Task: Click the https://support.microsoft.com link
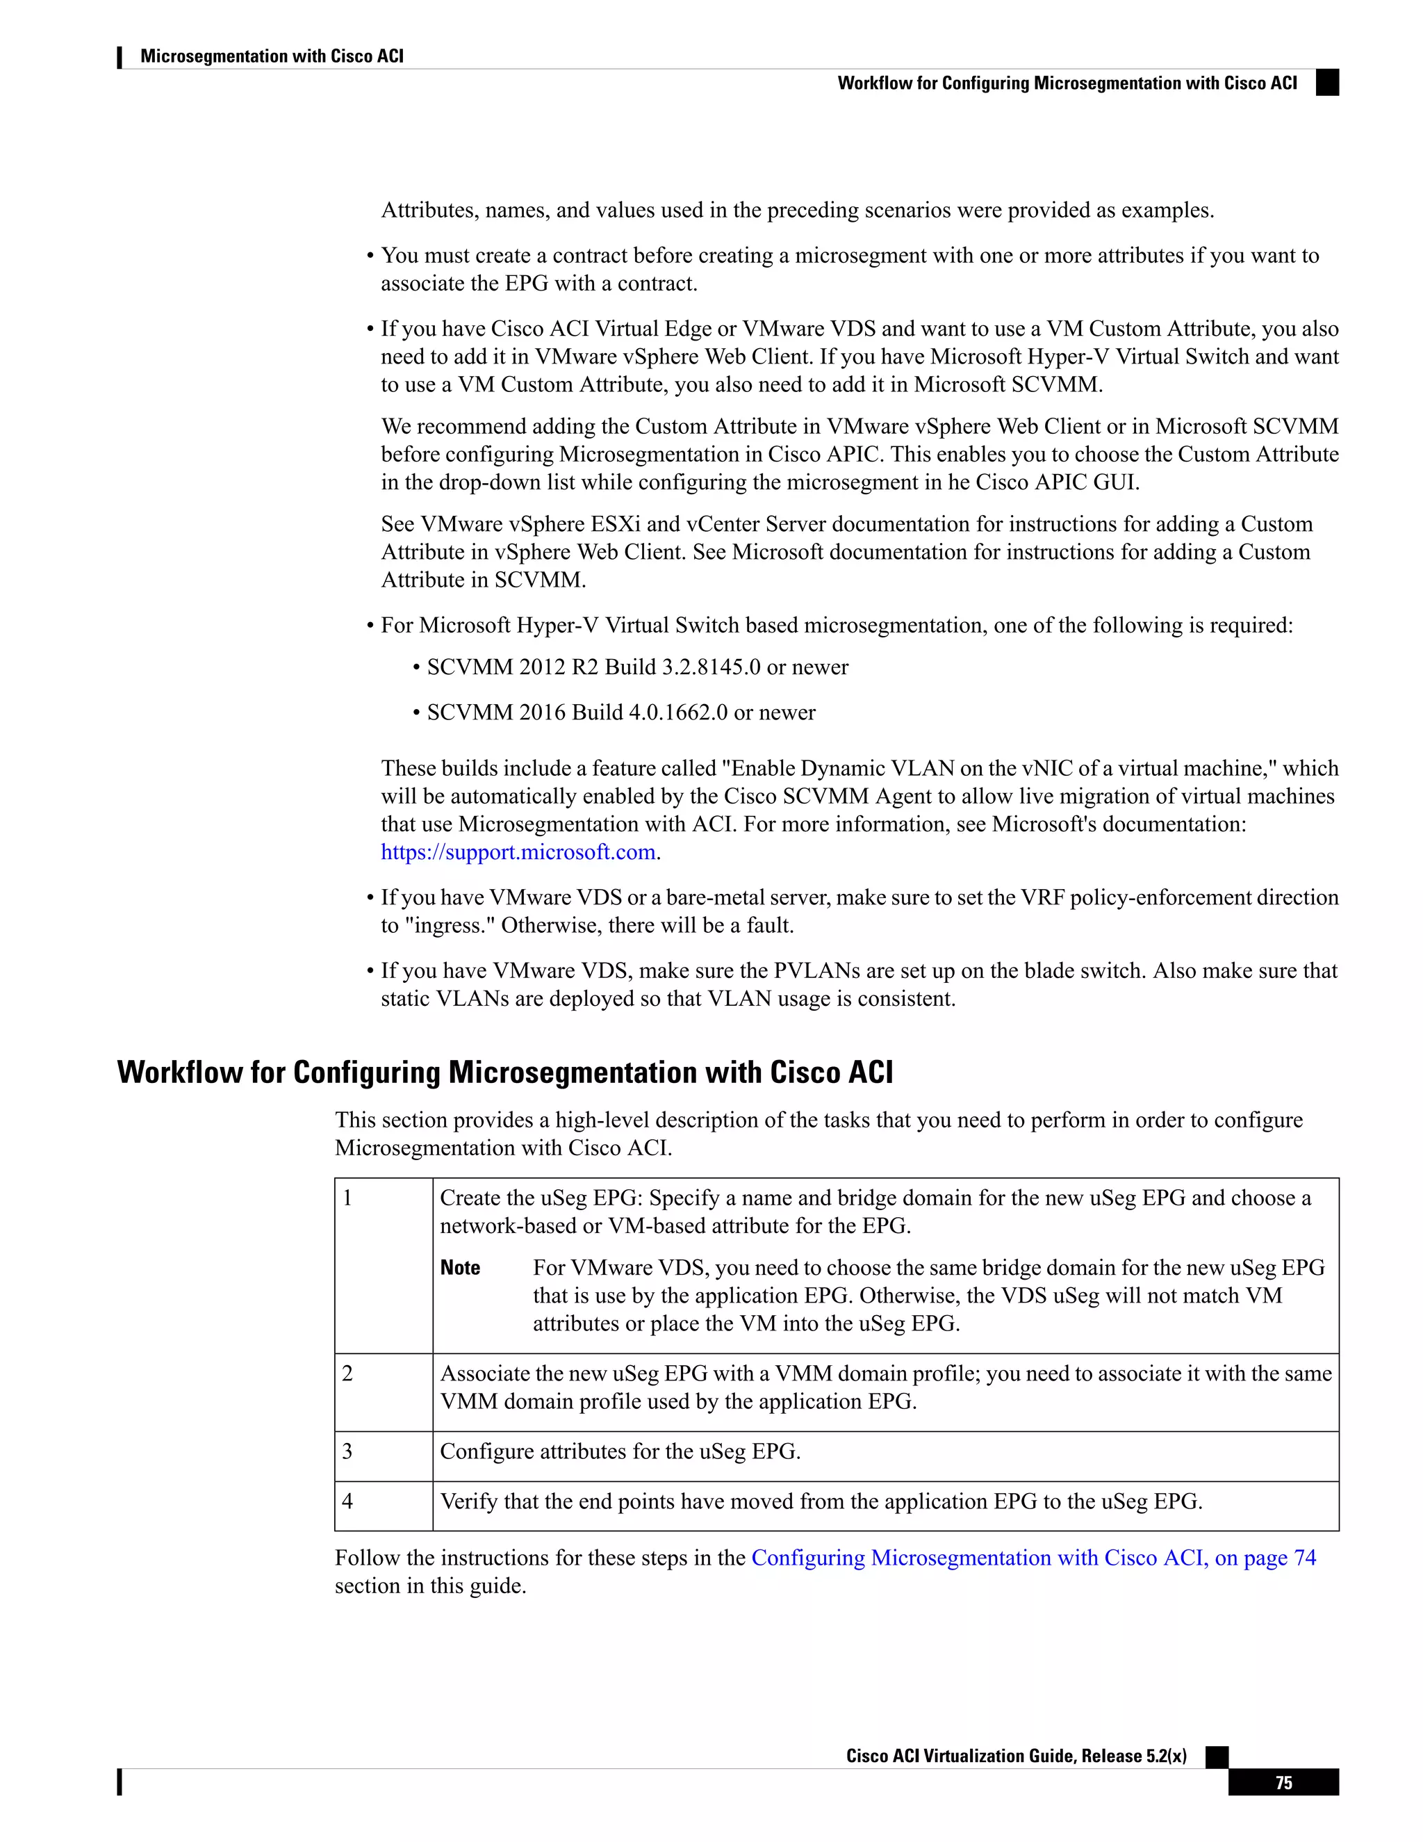(x=518, y=852)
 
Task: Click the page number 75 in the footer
(x=1283, y=1782)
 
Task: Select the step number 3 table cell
(x=384, y=1456)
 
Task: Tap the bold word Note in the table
(x=460, y=1268)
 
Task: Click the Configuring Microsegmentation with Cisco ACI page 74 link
(x=1033, y=1558)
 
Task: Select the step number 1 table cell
(x=384, y=1265)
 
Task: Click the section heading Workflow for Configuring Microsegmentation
(x=504, y=1072)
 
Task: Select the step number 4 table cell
(x=384, y=1506)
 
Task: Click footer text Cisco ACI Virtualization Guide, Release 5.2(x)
(x=1016, y=1756)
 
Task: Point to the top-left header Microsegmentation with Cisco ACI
(x=272, y=56)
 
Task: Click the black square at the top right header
(x=1327, y=83)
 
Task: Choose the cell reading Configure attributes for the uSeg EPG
(x=620, y=1451)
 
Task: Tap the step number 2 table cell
(x=384, y=1392)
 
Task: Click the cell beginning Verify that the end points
(x=821, y=1501)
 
